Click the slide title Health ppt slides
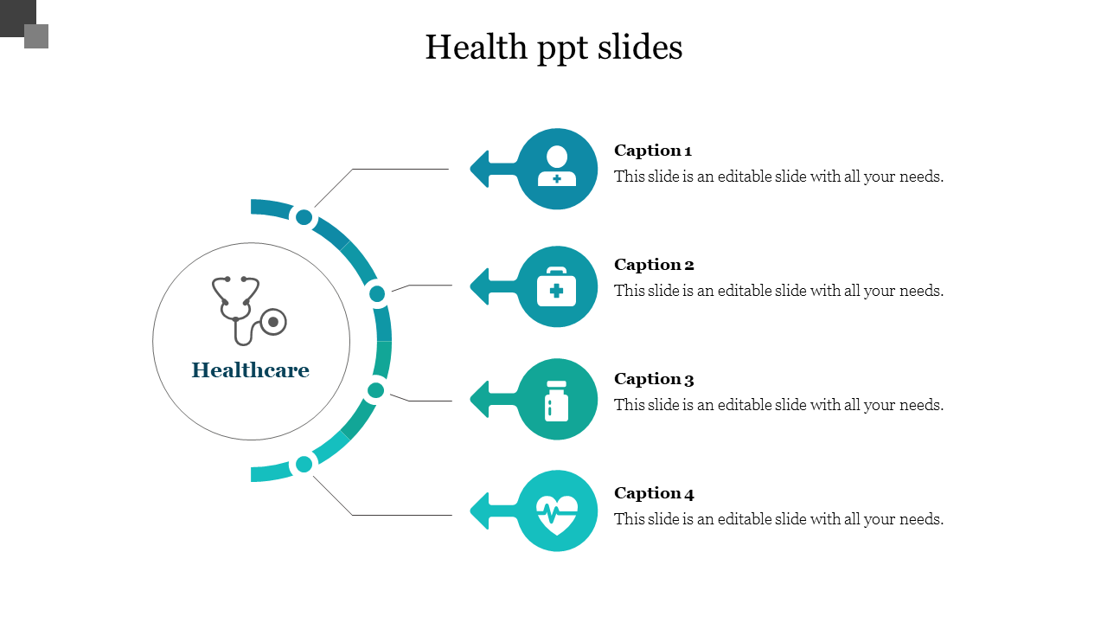click(x=553, y=48)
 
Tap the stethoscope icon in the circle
click(x=248, y=310)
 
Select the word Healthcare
click(x=250, y=370)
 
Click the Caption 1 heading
click(x=653, y=151)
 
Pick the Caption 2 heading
click(x=654, y=265)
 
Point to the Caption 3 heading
click(x=654, y=379)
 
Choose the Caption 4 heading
click(x=654, y=493)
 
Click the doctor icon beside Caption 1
click(x=557, y=167)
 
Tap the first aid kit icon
click(x=556, y=287)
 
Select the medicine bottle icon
click(x=557, y=401)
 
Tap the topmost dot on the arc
click(x=304, y=217)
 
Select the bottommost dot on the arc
click(x=304, y=465)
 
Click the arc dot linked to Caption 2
click(x=377, y=294)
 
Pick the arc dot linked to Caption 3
click(x=375, y=390)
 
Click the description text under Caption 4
click(x=778, y=519)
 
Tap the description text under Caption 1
click(x=778, y=177)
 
